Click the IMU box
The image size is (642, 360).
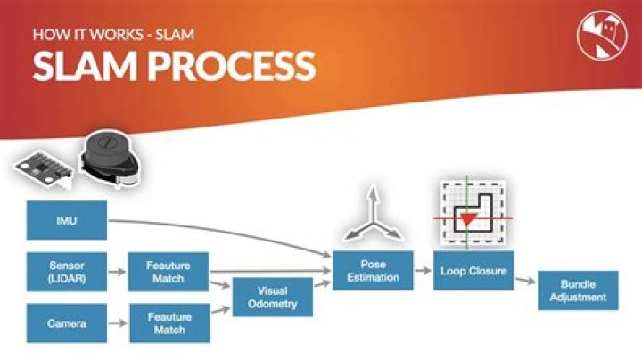[66, 220]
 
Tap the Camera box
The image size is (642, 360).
[66, 323]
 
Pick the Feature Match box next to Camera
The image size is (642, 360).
[169, 323]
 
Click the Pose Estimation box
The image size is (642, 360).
[374, 271]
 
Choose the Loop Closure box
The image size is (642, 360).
[474, 270]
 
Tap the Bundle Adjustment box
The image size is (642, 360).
[578, 290]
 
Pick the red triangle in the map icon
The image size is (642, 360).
[465, 217]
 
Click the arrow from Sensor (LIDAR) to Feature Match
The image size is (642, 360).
[117, 271]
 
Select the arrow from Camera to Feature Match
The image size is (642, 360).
[117, 323]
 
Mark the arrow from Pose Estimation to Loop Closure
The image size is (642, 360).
[424, 270]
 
